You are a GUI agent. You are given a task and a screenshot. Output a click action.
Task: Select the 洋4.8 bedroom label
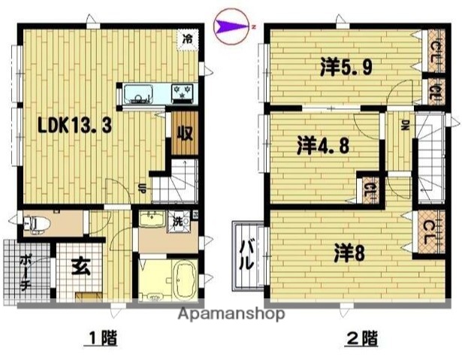[323, 146]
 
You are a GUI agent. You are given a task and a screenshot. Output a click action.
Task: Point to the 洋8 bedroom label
[349, 253]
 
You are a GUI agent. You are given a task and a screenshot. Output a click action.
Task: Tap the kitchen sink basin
[139, 94]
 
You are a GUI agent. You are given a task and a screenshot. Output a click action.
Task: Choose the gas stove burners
[183, 94]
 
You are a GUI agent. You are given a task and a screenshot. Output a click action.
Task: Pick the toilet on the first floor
[38, 223]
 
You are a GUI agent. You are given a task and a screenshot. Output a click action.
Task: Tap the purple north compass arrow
[229, 28]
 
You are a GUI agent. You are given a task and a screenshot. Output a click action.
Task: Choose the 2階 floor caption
[361, 339]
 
